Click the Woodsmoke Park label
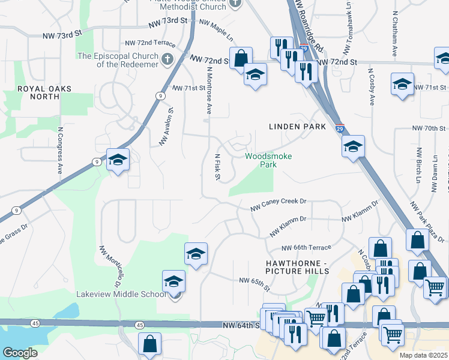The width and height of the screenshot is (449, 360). point(269,160)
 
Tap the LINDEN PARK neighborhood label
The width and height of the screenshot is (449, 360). point(297,127)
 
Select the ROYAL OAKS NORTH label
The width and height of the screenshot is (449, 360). point(44,92)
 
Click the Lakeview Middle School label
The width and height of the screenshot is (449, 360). point(120,294)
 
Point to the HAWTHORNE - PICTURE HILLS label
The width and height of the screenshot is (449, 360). point(297,267)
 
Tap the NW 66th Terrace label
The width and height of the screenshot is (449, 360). point(306,248)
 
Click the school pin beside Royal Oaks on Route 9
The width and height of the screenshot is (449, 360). point(118,160)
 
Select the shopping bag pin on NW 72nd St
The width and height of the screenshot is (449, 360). point(240,59)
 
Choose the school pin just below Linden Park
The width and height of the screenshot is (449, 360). point(353,146)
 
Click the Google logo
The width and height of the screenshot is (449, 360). point(20,353)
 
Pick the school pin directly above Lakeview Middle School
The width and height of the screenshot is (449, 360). point(196,254)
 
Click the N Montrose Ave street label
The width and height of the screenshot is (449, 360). point(209,90)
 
